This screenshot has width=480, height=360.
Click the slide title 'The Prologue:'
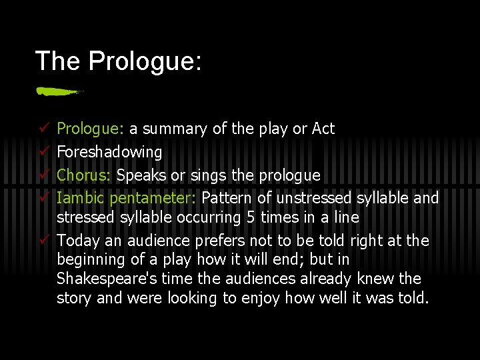coord(118,61)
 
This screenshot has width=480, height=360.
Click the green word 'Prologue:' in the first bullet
coord(91,129)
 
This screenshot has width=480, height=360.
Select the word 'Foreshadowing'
coord(109,152)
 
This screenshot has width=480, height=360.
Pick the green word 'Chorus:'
coord(85,175)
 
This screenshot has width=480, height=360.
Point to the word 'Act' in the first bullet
coord(323,129)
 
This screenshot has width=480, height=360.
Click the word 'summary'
coord(174,129)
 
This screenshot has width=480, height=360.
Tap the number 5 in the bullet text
coord(253,217)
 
